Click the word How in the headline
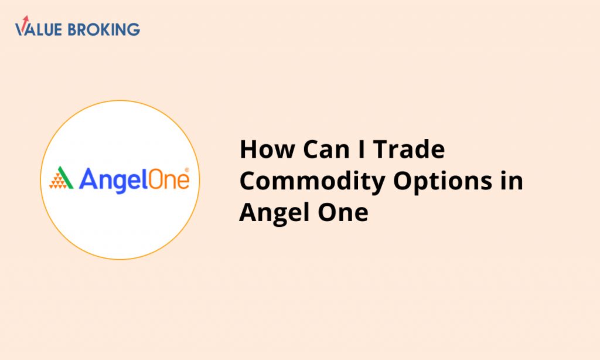267,149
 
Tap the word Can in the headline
326,149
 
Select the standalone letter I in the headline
362,149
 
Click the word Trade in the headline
409,149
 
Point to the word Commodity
312,182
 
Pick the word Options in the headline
443,182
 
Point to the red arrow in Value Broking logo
25,22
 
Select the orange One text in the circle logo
168,179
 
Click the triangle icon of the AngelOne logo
61,177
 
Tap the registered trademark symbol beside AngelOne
187,169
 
